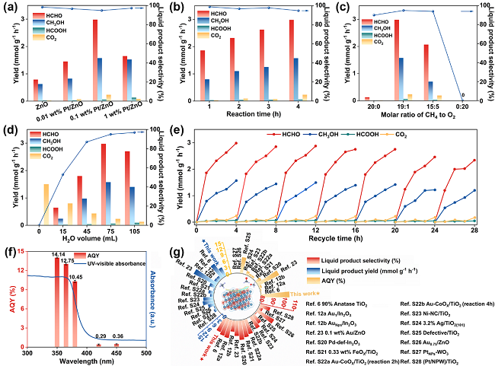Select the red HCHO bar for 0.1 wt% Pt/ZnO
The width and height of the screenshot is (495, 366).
[x=95, y=60]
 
